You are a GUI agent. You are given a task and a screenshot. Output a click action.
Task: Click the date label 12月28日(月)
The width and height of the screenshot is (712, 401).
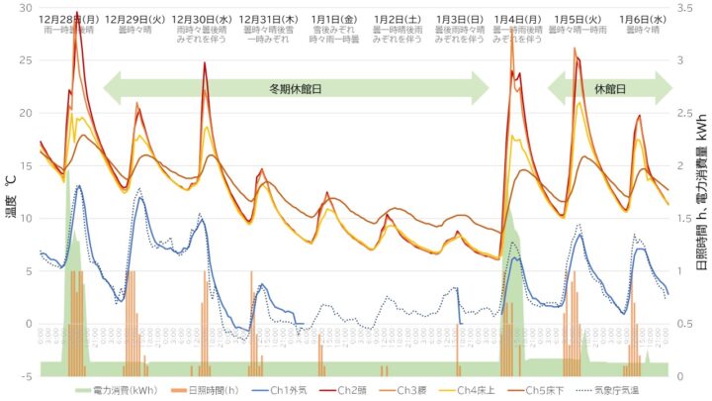pos(68,19)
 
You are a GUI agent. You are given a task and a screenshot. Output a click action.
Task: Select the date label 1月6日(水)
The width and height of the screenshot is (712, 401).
pos(643,19)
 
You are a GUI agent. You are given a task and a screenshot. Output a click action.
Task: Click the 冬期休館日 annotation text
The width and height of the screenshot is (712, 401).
pos(296,88)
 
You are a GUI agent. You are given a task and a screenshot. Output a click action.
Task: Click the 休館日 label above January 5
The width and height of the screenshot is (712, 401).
pos(610,88)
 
